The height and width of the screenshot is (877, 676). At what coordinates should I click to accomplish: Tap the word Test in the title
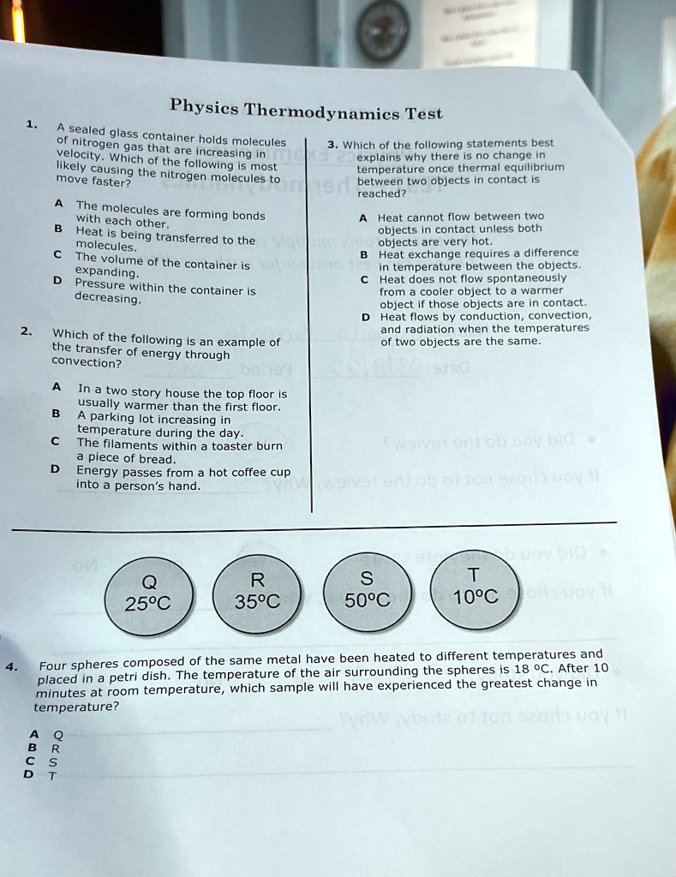(423, 113)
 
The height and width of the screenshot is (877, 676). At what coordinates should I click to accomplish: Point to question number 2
(27, 331)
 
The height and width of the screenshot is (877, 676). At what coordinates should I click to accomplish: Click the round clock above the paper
(382, 31)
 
